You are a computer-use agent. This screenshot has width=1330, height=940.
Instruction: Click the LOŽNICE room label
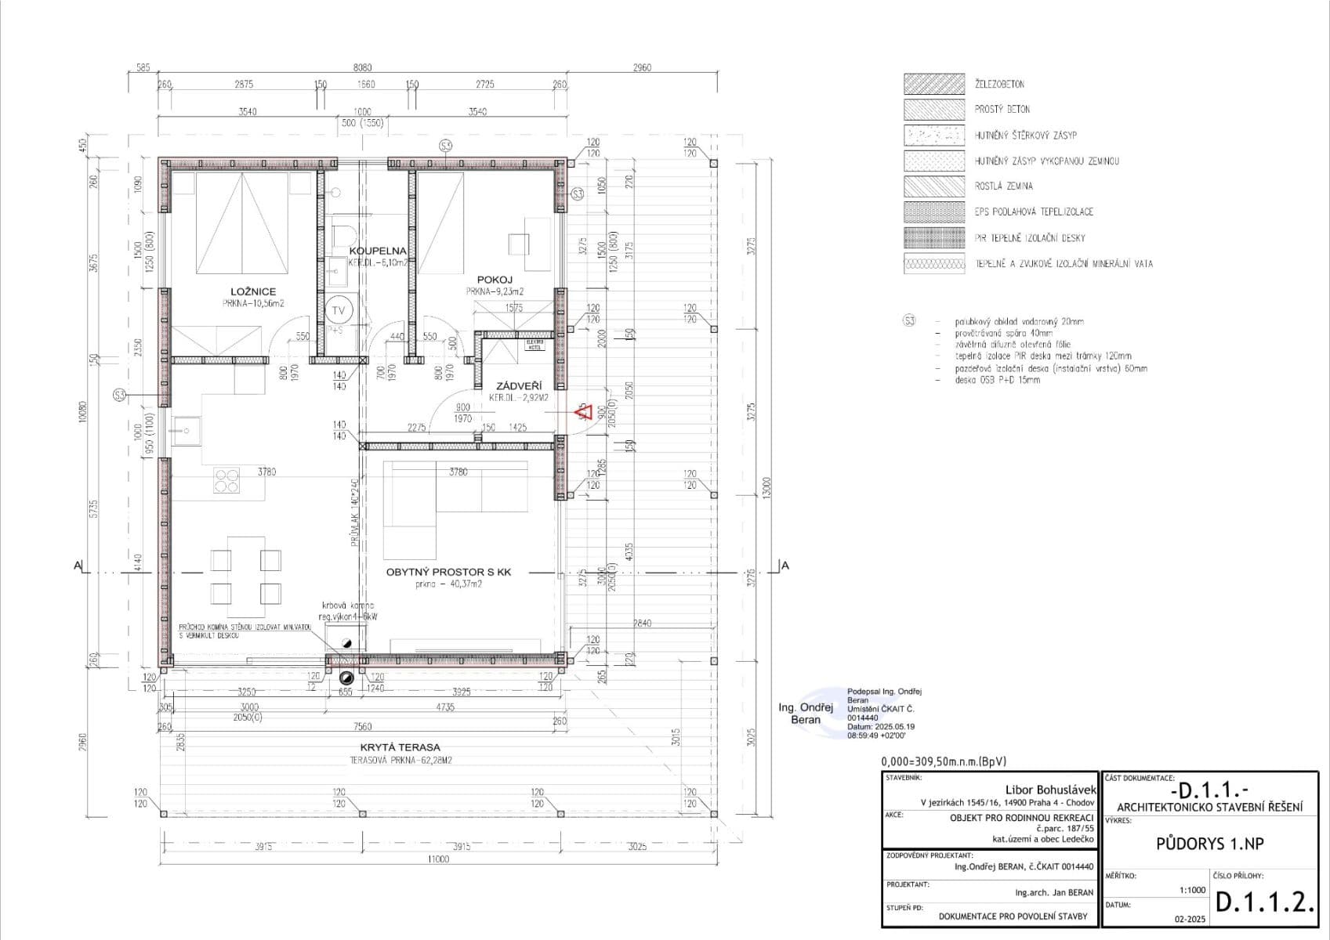pyautogui.click(x=252, y=291)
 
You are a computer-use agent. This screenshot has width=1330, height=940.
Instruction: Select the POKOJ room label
pyautogui.click(x=495, y=280)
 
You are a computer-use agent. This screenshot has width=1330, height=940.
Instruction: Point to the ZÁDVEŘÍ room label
pyautogui.click(x=518, y=386)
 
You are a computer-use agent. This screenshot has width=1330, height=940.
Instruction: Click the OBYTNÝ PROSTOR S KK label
pyautogui.click(x=448, y=572)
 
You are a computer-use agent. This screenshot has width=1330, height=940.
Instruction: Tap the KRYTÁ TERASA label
pyautogui.click(x=400, y=747)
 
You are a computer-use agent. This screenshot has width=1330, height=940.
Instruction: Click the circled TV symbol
pyautogui.click(x=339, y=310)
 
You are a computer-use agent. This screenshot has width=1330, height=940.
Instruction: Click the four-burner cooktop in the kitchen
pyautogui.click(x=226, y=481)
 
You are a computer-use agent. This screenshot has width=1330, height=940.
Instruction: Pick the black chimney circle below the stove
pyautogui.click(x=346, y=680)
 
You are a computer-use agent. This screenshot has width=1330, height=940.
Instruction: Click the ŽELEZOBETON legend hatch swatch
pyautogui.click(x=933, y=84)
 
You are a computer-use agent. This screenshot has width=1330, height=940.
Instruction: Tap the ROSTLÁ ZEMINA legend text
pyautogui.click(x=1003, y=186)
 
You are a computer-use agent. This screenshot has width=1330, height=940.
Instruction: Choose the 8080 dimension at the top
pyautogui.click(x=362, y=68)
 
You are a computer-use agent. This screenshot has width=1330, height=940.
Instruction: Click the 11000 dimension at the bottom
pyautogui.click(x=438, y=859)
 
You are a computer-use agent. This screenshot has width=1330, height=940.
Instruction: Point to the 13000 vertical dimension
pyautogui.click(x=768, y=487)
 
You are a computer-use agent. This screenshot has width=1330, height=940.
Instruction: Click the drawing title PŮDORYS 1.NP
pyautogui.click(x=1209, y=844)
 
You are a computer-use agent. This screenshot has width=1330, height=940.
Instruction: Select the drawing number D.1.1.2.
pyautogui.click(x=1263, y=902)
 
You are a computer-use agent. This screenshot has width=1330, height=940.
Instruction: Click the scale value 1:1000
pyautogui.click(x=1192, y=890)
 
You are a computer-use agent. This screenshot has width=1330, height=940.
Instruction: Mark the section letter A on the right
pyautogui.click(x=785, y=565)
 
